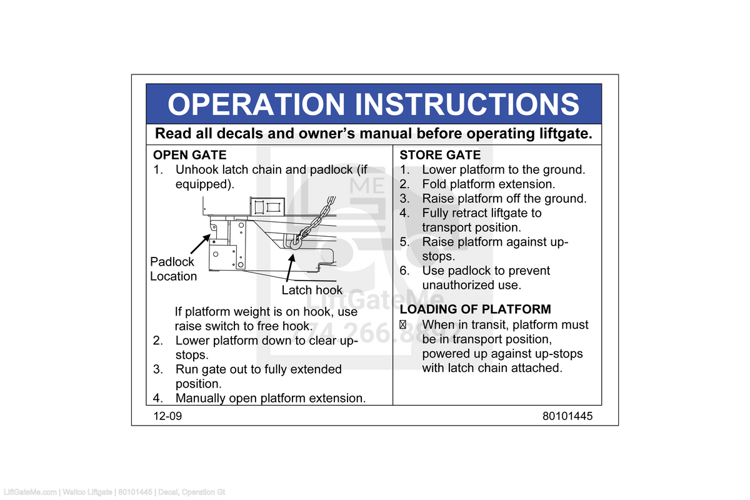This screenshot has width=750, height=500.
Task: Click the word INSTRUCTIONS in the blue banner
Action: (467, 104)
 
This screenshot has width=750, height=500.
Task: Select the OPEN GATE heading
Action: (190, 155)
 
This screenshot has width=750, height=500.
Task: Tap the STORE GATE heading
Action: (440, 155)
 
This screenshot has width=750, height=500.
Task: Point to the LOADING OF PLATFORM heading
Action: (475, 309)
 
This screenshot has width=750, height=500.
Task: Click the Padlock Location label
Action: (173, 269)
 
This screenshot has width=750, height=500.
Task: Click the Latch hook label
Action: (312, 290)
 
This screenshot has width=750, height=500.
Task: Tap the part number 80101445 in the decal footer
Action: (567, 416)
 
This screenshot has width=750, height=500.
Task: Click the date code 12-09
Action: (167, 416)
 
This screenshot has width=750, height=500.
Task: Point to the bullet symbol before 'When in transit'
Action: (403, 325)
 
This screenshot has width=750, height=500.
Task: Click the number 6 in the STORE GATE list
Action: (404, 271)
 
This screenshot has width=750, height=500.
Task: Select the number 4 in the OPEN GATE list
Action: (157, 398)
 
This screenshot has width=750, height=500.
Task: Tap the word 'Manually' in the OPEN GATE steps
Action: (200, 398)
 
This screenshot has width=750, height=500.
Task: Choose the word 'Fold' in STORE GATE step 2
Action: (434, 184)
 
